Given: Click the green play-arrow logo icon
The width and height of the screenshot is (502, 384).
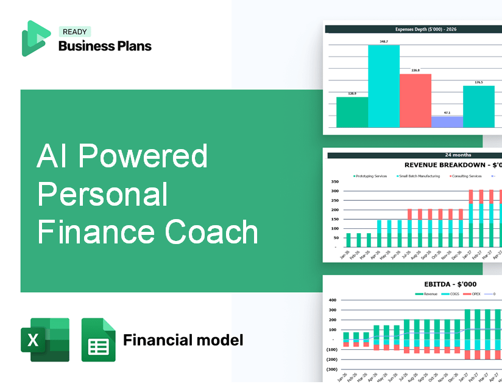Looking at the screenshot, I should [x=35, y=38].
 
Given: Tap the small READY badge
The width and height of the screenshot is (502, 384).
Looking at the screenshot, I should [x=75, y=32].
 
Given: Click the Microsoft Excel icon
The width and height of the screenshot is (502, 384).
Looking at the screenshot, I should [x=45, y=340].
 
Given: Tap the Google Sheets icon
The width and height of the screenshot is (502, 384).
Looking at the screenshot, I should [x=98, y=340].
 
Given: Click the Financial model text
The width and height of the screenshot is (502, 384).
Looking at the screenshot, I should [x=183, y=340].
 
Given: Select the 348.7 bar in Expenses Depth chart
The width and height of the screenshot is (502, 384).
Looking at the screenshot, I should [x=384, y=86].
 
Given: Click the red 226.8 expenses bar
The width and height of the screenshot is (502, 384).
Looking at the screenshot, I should [x=415, y=100].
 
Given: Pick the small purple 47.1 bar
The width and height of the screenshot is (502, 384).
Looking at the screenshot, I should [x=447, y=122].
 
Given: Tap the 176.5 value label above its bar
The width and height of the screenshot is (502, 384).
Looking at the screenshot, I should [x=479, y=82].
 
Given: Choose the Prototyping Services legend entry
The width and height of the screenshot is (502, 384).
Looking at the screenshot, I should [x=370, y=176].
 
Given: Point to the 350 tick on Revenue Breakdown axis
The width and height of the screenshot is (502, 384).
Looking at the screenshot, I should [x=334, y=181].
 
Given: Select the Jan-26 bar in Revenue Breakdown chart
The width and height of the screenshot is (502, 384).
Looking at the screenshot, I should [x=348, y=240].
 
